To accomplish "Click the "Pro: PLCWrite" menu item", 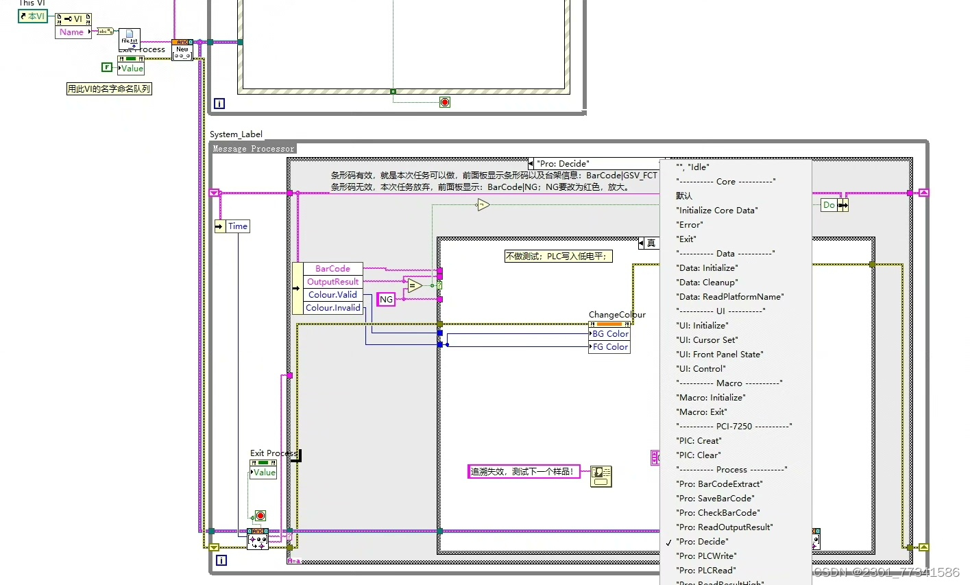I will tap(706, 556).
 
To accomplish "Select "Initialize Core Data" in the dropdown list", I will tap(717, 211).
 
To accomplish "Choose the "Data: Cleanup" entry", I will tap(707, 283).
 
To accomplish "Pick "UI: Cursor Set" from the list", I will tap(707, 340).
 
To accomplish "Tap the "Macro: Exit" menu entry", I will tap(701, 412).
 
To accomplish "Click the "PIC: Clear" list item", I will tap(699, 455).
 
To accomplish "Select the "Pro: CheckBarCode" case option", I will tap(718, 513).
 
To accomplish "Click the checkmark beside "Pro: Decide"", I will tap(668, 542).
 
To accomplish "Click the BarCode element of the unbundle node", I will tap(332, 269).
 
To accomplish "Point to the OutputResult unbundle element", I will tap(332, 282).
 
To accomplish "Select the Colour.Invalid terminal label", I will tap(332, 308).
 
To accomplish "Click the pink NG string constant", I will tap(387, 300).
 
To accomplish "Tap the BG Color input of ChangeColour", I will tap(610, 334).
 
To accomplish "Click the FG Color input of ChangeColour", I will tap(610, 347).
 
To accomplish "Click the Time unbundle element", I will tap(237, 226).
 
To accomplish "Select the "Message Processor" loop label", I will tap(253, 149).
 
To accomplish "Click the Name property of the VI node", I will tap(72, 32).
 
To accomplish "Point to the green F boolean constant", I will tap(107, 67).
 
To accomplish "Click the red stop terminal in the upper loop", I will tap(445, 102).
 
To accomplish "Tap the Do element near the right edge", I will tap(829, 205).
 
